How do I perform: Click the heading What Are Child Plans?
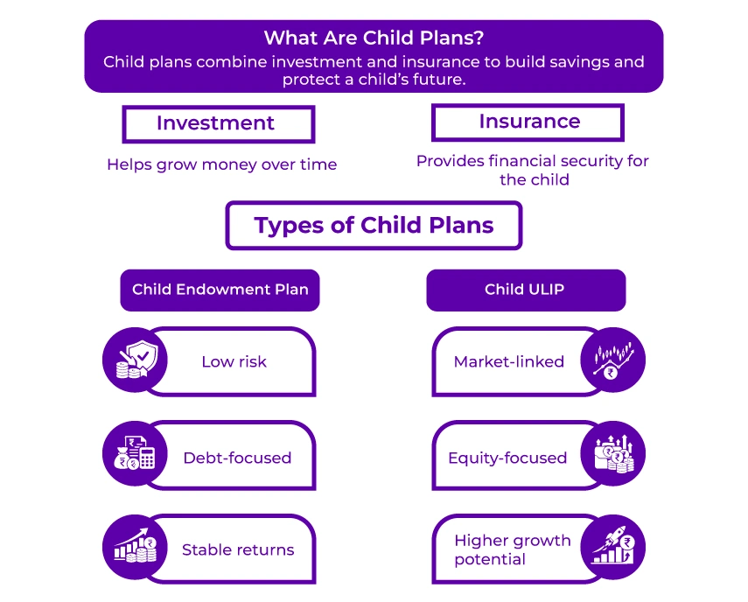point(374,38)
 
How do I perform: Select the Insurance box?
point(528,122)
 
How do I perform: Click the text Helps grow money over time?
point(221,164)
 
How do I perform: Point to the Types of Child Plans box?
point(374,226)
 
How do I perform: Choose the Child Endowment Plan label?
point(220,290)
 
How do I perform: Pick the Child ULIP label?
point(525,290)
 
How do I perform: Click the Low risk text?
point(234,361)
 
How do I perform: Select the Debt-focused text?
point(237,458)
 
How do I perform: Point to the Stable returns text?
point(238,550)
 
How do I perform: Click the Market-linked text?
point(508,361)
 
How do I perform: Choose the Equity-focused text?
point(507,458)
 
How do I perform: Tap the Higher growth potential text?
point(511,549)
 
